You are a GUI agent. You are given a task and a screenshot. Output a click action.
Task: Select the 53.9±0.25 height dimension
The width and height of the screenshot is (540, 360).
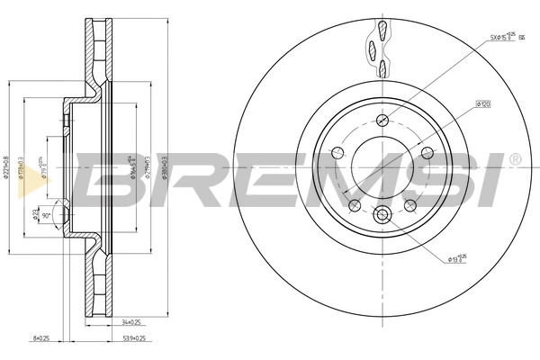point(133,340)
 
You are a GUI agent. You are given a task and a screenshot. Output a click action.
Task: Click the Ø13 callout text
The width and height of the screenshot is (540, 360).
point(457,259)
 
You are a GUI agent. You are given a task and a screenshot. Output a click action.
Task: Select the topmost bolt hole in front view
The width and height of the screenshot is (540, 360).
point(382,121)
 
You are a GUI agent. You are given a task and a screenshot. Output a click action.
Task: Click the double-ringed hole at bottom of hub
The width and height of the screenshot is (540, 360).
point(382,215)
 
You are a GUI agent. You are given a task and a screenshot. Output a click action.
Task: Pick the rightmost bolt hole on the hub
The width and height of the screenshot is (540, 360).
point(428,153)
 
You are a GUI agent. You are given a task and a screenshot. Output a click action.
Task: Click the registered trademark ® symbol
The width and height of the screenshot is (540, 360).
point(514,159)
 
